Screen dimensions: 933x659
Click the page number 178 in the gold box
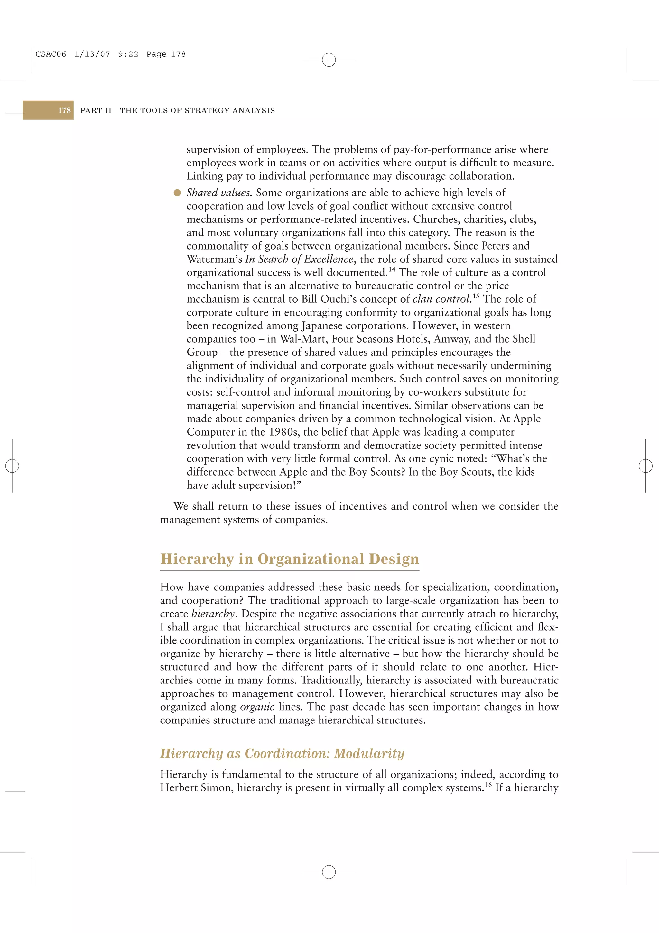(64, 110)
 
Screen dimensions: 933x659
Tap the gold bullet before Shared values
(177, 193)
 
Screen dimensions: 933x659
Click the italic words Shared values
(218, 193)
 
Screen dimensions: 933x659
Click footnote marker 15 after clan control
(476, 296)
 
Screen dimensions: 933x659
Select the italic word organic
(257, 707)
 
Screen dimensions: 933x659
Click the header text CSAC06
(51, 54)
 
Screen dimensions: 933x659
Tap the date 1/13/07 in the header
(92, 54)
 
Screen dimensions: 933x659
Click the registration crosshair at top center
(329, 60)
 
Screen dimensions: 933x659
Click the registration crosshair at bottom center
(329, 872)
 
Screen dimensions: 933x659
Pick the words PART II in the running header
(96, 110)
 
